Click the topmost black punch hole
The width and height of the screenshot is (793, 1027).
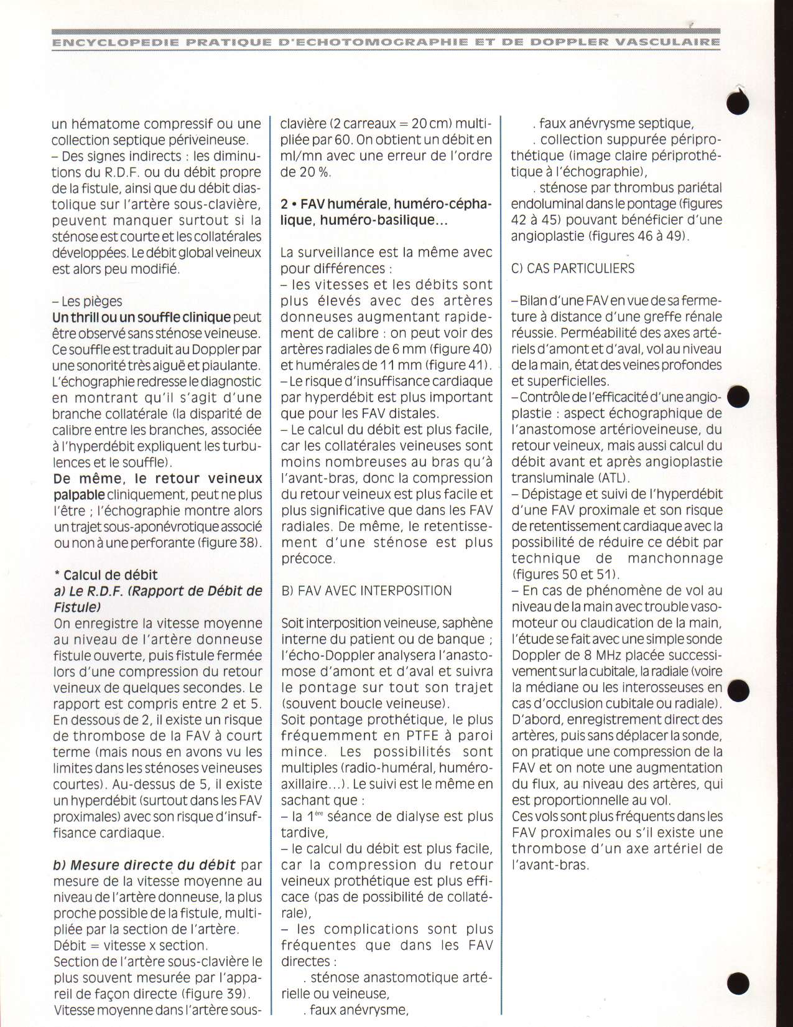[738, 105]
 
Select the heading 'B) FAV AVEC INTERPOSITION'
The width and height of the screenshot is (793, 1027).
[366, 590]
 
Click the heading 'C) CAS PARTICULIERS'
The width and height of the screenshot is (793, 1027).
[573, 268]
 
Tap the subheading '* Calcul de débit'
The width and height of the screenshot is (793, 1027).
[106, 574]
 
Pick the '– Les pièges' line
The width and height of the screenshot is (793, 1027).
[87, 301]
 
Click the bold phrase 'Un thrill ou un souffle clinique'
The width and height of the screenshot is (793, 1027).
[141, 317]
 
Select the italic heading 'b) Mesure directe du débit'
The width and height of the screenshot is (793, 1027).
[144, 865]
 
